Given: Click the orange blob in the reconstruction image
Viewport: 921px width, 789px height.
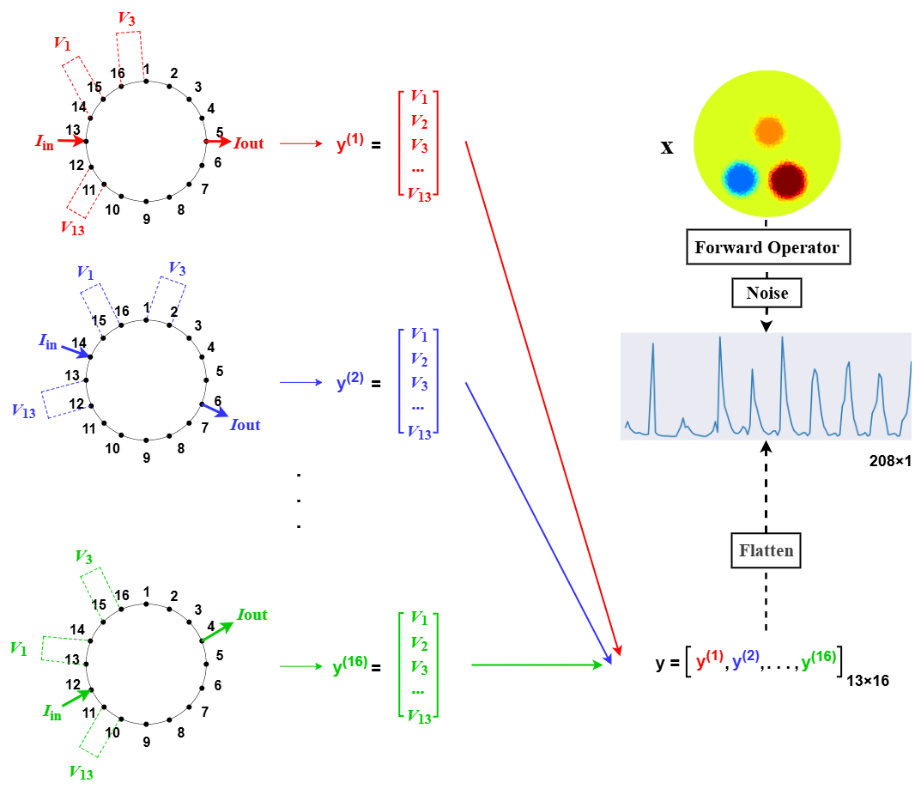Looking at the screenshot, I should click(769, 131).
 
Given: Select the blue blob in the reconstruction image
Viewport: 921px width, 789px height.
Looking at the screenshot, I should click(740, 179).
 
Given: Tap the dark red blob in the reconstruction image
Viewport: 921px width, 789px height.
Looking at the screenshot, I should click(787, 180).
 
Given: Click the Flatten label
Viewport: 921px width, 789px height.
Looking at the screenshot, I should click(766, 550).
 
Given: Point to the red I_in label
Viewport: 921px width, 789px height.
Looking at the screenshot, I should click(45, 141).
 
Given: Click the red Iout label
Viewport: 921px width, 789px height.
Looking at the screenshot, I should click(249, 143).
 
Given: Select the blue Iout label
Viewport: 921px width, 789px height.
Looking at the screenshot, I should click(245, 425).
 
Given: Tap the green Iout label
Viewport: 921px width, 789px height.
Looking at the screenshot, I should click(252, 615).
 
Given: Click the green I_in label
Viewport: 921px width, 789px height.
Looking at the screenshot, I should click(52, 711).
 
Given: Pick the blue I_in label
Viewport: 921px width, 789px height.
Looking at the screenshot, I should click(48, 341).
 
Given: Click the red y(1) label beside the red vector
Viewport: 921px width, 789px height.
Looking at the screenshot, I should click(350, 142).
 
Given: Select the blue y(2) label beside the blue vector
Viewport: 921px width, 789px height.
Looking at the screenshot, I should click(350, 381).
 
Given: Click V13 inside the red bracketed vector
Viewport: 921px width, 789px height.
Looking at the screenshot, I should click(419, 195).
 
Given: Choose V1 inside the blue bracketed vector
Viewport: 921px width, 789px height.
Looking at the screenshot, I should click(419, 334).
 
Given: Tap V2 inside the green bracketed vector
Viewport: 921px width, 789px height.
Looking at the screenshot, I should click(419, 643).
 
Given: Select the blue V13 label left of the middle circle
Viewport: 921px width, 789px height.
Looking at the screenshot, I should click(24, 410).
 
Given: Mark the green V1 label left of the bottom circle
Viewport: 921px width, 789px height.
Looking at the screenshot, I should click(18, 648).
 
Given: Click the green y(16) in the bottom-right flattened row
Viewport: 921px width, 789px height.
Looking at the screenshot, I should click(818, 660).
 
